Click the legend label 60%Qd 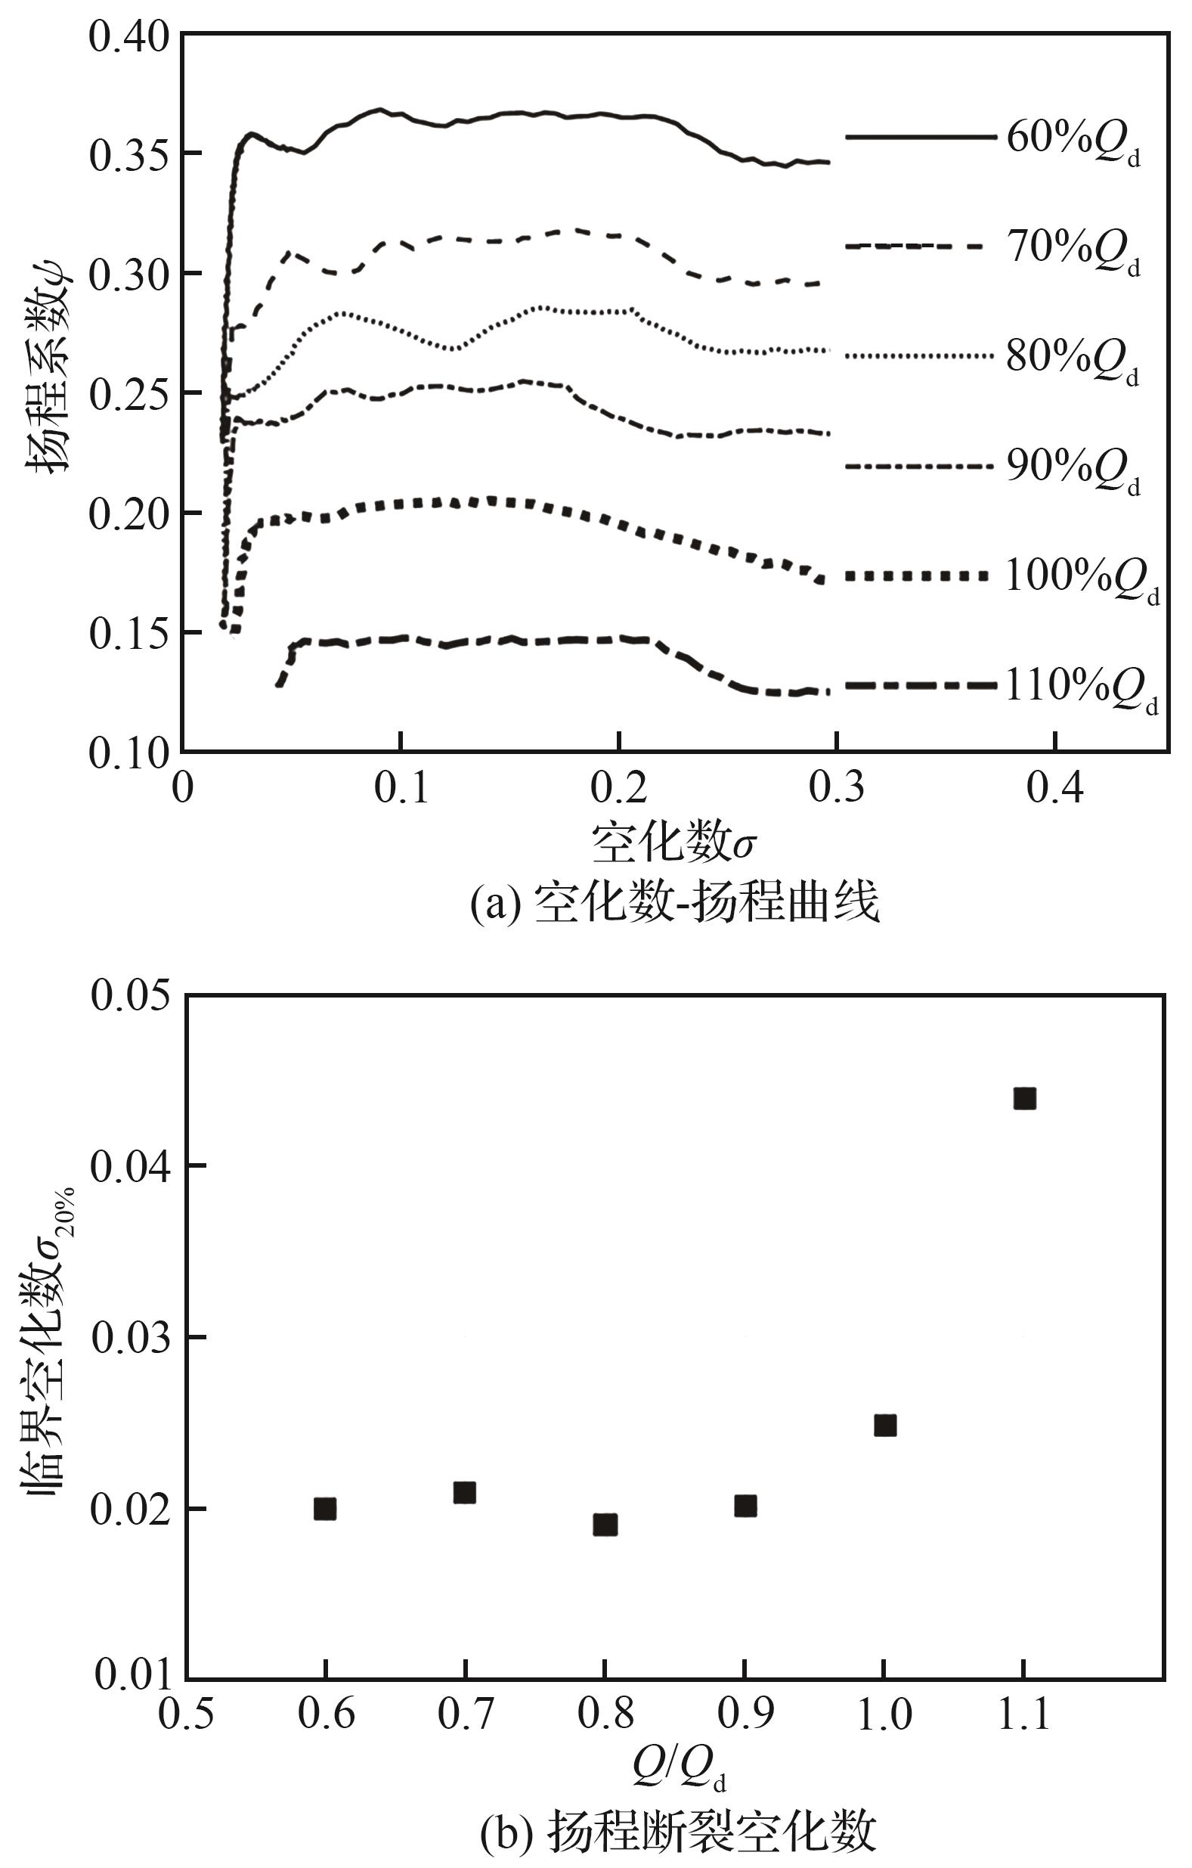click(1073, 141)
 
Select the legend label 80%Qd click(1073, 359)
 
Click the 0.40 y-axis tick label click(128, 37)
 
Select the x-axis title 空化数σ click(673, 843)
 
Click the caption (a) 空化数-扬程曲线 click(675, 903)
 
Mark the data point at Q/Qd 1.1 click(1024, 1098)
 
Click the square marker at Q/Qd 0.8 click(605, 1525)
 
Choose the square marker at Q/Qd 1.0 click(885, 1426)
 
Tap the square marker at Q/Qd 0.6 click(325, 1509)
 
